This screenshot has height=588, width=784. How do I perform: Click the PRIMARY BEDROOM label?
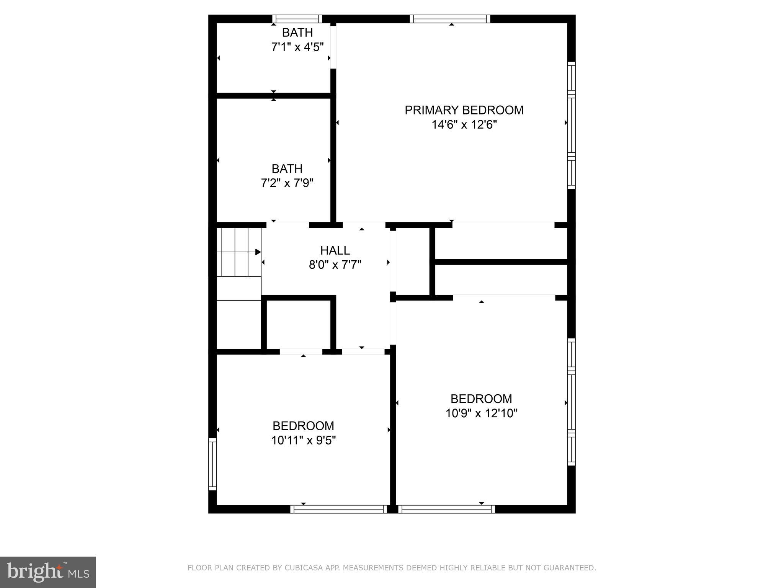464,110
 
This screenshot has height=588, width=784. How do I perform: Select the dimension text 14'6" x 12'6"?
464,125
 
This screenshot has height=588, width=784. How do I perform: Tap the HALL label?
335,250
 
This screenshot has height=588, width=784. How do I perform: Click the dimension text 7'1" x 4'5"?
297,47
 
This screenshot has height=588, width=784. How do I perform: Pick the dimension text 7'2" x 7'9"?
287,183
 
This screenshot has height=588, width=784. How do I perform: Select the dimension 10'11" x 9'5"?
303,441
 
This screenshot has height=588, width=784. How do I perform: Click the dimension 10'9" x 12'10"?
481,413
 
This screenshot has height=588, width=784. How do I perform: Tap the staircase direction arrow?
258,252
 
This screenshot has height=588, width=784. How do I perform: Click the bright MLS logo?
48,572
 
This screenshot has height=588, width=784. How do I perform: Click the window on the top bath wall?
297,19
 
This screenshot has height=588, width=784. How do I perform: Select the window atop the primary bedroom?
450,19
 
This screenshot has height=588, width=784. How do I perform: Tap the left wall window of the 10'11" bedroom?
212,464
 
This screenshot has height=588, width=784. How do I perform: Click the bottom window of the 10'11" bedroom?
339,509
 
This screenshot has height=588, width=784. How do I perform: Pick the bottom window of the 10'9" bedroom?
446,509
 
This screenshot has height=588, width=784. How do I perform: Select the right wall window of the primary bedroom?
571,125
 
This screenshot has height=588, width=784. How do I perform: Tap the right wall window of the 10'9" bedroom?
571,402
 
